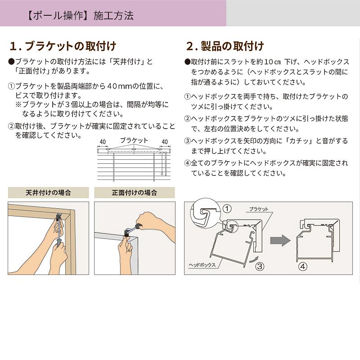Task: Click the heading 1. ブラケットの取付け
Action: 63,46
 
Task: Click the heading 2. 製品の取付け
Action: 225,46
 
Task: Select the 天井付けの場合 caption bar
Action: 48,193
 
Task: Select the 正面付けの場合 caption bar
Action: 134,193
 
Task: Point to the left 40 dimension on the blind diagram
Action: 103,142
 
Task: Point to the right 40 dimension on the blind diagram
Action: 164,142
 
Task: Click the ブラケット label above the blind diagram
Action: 134,140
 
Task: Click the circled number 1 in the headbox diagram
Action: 227,208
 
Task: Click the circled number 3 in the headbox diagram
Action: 260,266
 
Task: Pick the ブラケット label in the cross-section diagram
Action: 258,209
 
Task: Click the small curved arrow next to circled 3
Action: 255,258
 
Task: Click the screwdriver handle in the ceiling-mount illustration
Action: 58,241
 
